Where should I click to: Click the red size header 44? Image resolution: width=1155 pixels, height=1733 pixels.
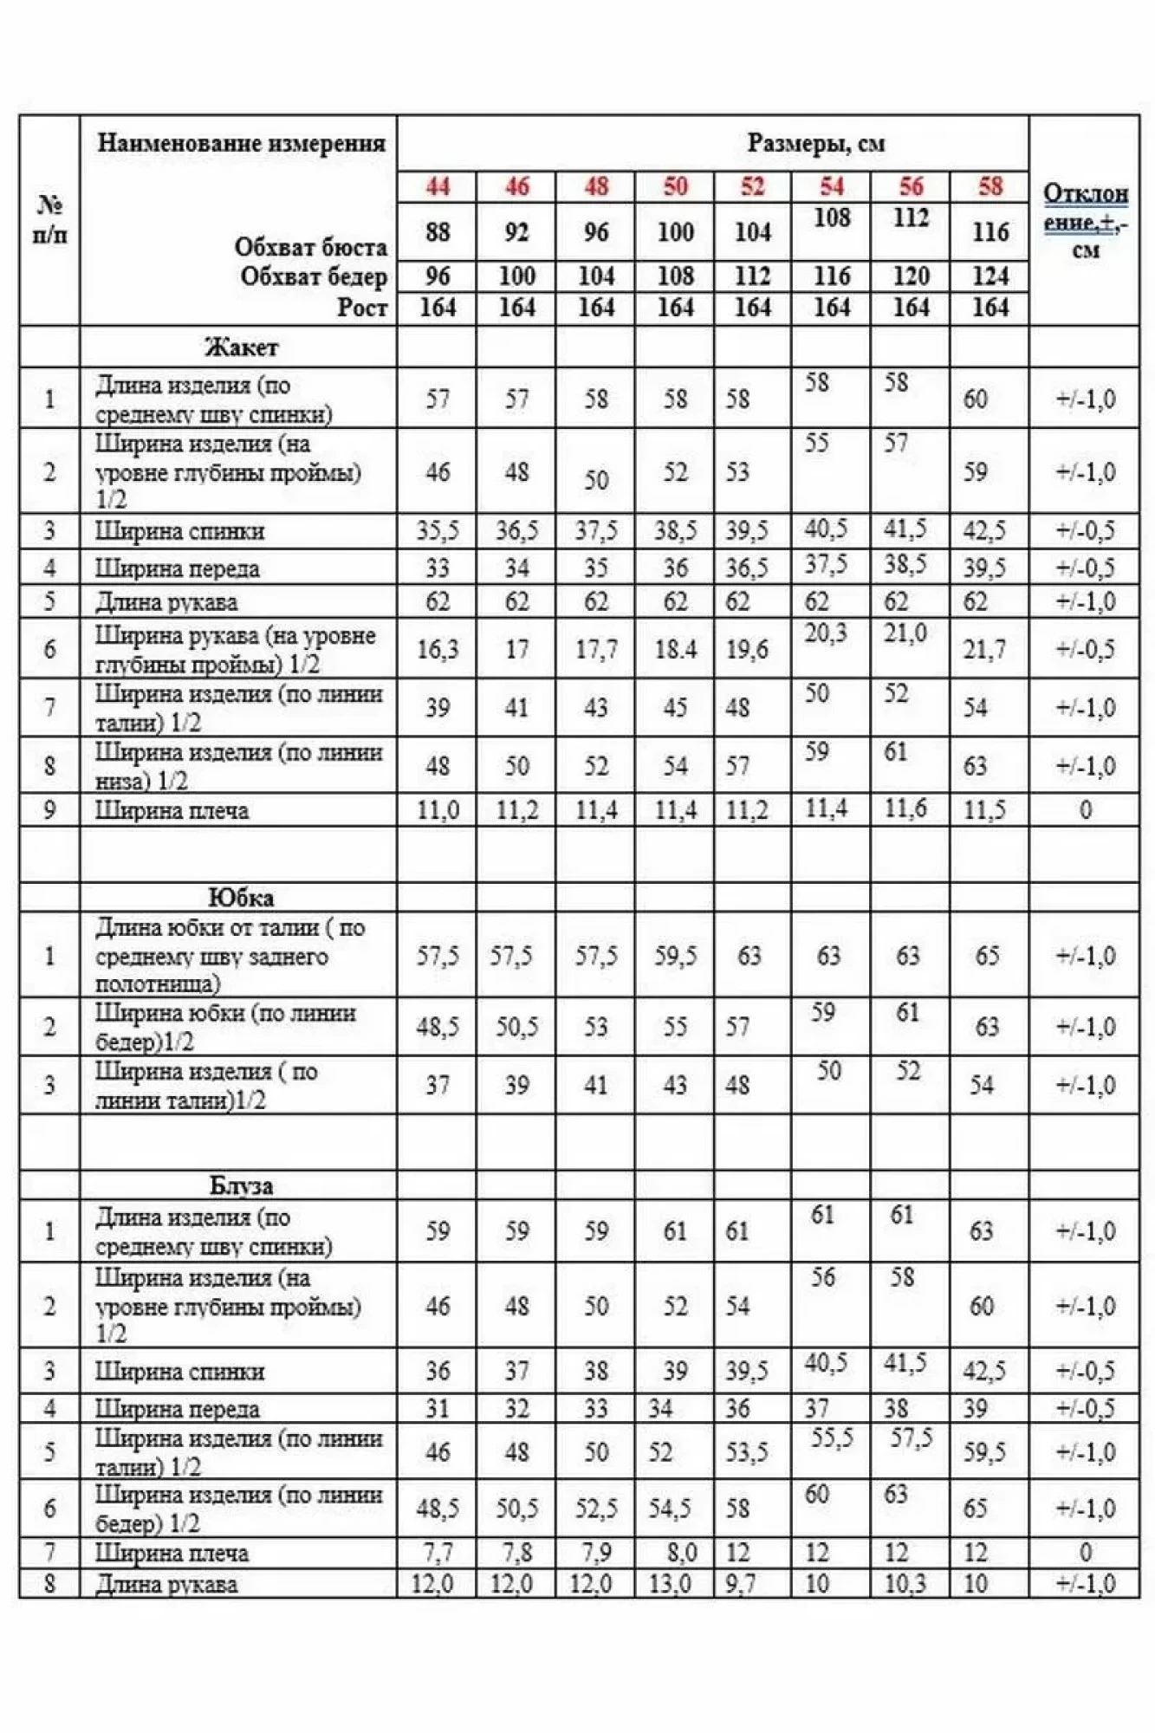pos(438,186)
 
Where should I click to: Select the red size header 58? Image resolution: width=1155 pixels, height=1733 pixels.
pos(990,186)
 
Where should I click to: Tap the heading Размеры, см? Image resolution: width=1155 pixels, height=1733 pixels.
pos(815,143)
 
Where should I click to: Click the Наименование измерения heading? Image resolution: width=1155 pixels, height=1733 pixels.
pos(241,143)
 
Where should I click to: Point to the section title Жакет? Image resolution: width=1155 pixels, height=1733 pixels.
pos(241,347)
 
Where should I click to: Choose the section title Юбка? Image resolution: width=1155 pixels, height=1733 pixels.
pos(241,897)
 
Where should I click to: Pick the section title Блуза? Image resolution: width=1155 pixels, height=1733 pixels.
pos(241,1185)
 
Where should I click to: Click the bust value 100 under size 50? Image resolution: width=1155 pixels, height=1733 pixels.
pos(675,232)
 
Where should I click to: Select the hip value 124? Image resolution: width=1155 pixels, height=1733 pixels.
pos(990,276)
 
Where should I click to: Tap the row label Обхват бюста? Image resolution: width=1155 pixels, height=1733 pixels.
pos(310,247)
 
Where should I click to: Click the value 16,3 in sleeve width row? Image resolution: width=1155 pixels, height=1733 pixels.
pos(438,649)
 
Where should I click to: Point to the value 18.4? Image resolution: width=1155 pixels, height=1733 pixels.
pos(675,649)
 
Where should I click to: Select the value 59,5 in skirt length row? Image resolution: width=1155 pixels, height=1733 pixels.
pos(675,956)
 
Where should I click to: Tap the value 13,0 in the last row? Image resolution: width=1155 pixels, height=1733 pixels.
pos(669,1584)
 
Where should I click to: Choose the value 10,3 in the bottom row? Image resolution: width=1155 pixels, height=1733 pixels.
pos(905,1584)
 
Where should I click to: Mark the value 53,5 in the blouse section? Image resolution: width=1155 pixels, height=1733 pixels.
pos(746,1452)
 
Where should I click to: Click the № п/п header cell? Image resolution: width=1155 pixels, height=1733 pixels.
pos(49,220)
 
